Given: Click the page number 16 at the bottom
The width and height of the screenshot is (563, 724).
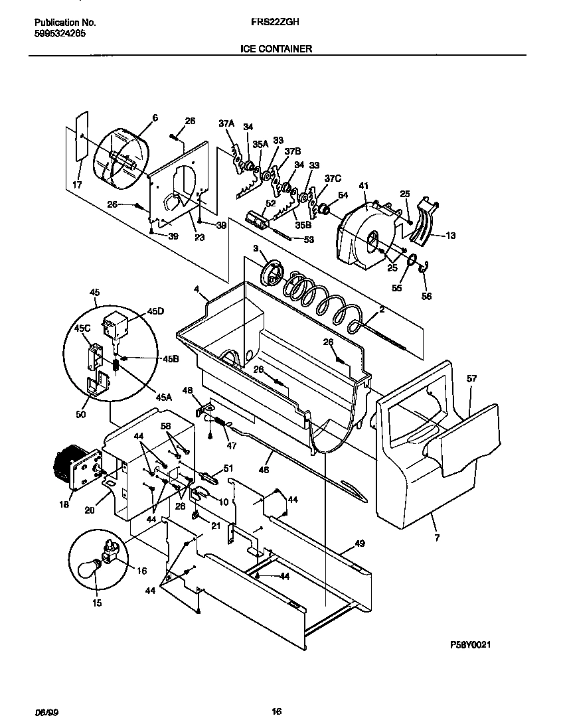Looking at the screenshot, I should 277,711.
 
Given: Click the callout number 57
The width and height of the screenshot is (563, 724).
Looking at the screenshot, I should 471,379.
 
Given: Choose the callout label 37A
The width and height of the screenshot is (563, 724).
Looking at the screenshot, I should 226,123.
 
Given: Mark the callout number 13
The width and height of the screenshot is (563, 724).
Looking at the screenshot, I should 451,235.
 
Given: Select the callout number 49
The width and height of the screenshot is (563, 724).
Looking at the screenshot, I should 360,543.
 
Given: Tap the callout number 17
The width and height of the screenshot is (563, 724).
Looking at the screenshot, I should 77,185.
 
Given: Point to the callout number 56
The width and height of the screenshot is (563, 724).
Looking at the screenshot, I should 426,296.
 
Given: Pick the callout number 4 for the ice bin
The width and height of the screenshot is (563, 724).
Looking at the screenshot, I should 197,289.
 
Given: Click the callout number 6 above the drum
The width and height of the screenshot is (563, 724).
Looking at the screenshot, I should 155,117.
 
